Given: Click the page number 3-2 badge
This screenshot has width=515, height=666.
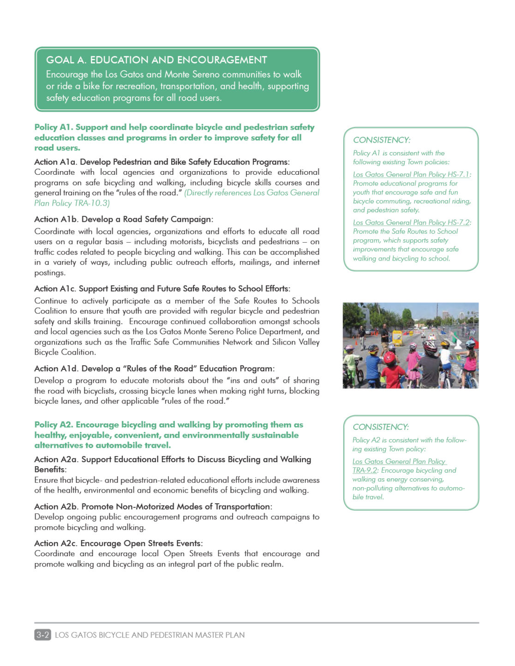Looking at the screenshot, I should click(42, 635).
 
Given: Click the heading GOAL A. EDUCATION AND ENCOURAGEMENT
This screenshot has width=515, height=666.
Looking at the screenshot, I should click(156, 60).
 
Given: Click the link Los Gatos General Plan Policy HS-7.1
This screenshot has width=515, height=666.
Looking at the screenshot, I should click(411, 174).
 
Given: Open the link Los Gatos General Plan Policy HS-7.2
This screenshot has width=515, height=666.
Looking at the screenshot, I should click(411, 222).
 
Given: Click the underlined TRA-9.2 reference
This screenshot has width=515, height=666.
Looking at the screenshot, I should click(365, 470).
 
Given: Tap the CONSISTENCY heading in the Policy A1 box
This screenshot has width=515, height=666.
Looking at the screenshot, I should click(382, 140).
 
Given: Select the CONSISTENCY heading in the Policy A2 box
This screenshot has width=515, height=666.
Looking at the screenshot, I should click(381, 427).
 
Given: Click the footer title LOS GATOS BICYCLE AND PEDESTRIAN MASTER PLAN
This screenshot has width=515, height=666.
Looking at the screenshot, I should click(150, 635).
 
